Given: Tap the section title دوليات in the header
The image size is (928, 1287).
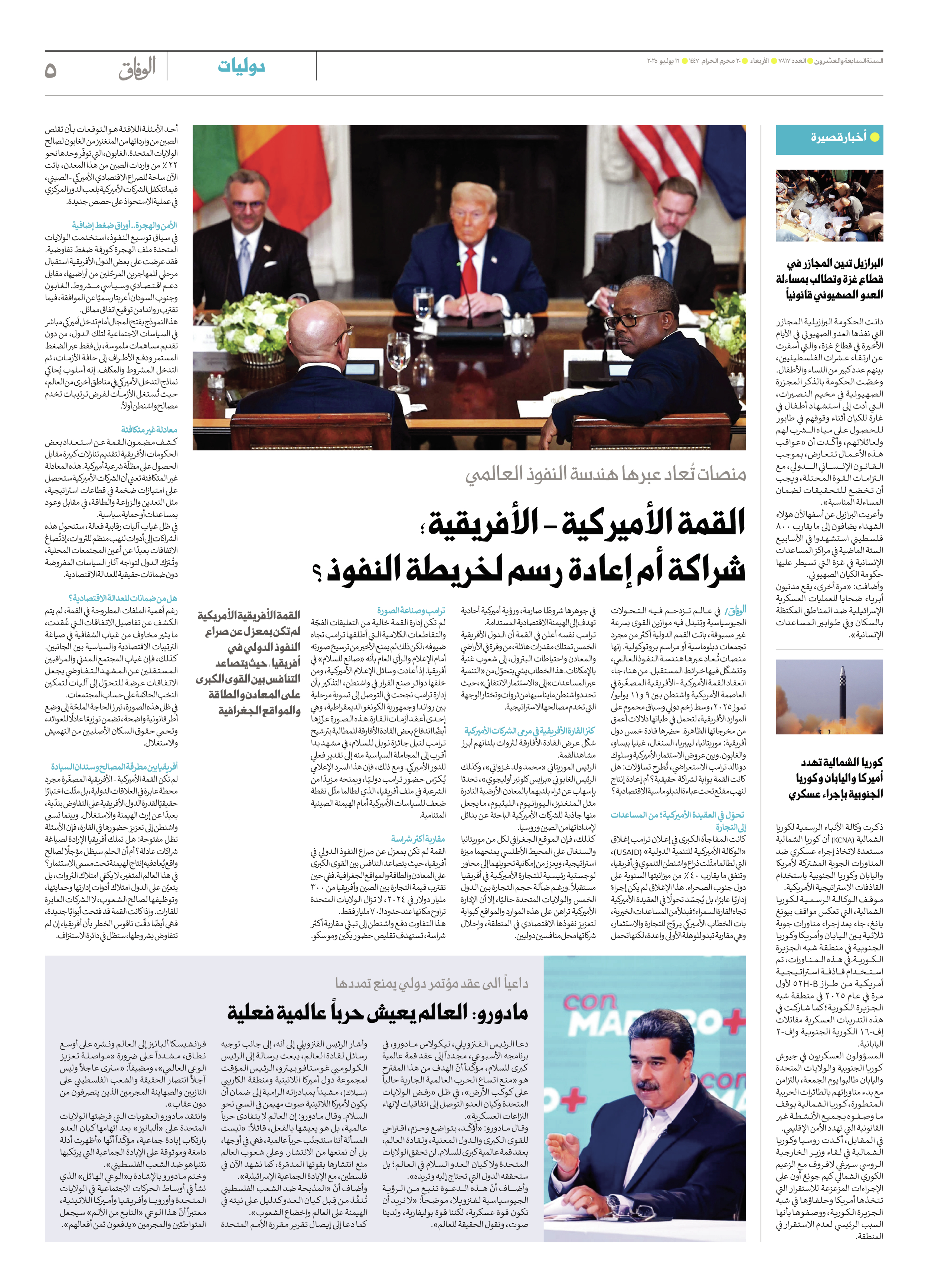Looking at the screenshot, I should click(x=241, y=67).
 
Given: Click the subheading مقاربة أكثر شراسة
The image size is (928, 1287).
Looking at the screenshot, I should click(x=418, y=839).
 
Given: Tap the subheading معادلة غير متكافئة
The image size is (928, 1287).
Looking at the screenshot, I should click(x=149, y=430).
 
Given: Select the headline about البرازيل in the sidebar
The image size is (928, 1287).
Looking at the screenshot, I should click(x=829, y=279).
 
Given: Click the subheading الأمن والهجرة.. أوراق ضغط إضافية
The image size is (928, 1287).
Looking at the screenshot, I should click(x=124, y=225).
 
